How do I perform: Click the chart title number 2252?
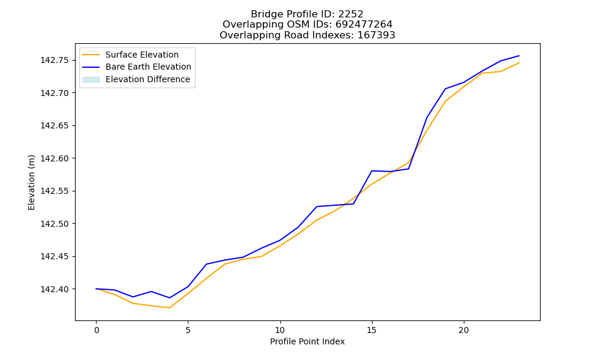(350, 14)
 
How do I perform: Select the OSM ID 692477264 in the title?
(364, 25)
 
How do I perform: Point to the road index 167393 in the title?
(376, 35)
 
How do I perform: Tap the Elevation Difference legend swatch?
(91, 80)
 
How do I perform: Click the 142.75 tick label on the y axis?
(55, 61)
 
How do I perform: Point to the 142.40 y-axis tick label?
(55, 289)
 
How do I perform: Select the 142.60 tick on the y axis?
(55, 158)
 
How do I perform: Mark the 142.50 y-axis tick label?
(55, 224)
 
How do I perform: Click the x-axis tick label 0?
(97, 330)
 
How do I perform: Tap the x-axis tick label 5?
(188, 330)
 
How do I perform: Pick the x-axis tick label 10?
(280, 330)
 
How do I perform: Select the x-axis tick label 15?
(372, 330)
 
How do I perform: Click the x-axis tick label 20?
(464, 330)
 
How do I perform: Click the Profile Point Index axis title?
(307, 341)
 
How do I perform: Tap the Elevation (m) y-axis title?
(31, 182)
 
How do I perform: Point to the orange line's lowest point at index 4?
(170, 308)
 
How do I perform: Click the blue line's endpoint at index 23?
(519, 56)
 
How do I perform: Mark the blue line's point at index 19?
(445, 89)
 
